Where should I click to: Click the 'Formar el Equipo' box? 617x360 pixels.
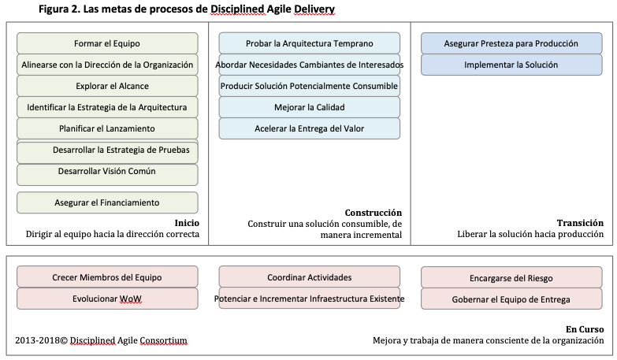pos(107,43)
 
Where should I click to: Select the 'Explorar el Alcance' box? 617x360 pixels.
pos(107,86)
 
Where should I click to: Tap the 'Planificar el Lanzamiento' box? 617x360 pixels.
pos(107,128)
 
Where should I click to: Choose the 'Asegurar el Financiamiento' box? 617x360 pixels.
pos(107,202)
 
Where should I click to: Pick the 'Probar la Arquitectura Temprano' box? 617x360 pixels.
pos(309,43)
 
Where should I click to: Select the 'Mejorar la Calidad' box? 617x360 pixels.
pos(309,107)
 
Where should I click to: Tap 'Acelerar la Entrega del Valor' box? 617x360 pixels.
pos(309,128)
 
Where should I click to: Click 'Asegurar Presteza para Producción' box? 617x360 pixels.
pos(511,43)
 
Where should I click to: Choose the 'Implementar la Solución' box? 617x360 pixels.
pos(511,65)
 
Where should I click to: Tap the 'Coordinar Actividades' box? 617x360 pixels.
pos(309,277)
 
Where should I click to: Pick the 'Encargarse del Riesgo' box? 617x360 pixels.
pos(511,277)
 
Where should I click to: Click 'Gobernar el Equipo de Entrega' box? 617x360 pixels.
pos(511,299)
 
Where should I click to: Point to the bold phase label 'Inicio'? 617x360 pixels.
pos(186,223)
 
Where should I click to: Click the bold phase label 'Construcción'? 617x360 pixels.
pos(373,213)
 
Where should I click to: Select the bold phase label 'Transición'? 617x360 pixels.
pos(580,223)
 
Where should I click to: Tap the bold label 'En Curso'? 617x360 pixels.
pos(585,329)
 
